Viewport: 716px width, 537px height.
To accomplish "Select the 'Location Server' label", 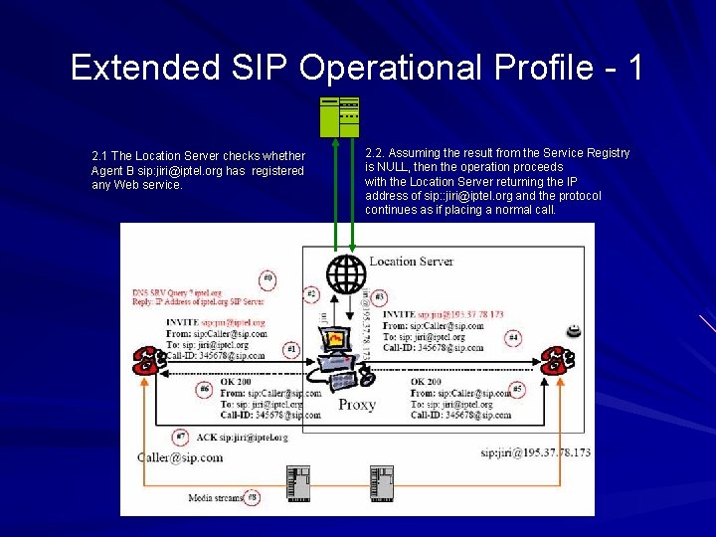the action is pyautogui.click(x=411, y=262).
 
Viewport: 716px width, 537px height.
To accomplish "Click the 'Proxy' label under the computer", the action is pyautogui.click(x=357, y=405).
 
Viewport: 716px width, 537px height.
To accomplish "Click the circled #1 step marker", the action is pyautogui.click(x=291, y=349).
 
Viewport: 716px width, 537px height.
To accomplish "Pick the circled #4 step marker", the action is pyautogui.click(x=513, y=338).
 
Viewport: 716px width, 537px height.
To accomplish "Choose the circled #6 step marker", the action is pyautogui.click(x=204, y=389).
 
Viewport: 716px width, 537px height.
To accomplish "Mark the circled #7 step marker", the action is pyautogui.click(x=180, y=437).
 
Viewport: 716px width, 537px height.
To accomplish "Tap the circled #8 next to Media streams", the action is pyautogui.click(x=253, y=496).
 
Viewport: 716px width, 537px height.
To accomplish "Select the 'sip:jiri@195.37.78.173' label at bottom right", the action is pyautogui.click(x=535, y=452).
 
